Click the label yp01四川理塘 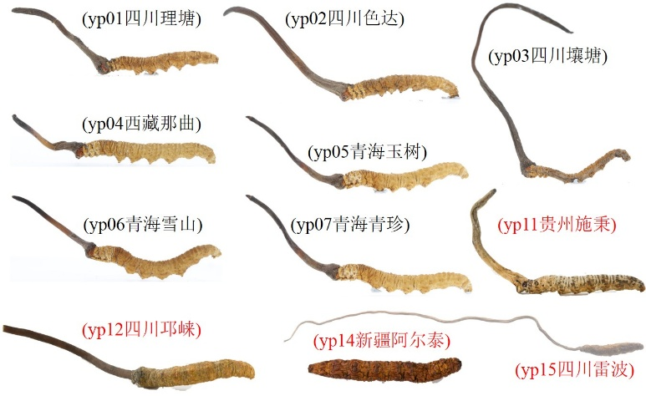click(x=142, y=19)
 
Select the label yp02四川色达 click(x=344, y=19)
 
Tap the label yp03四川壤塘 click(x=547, y=56)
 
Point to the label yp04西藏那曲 click(x=142, y=124)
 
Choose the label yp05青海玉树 click(x=367, y=152)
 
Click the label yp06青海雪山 click(x=143, y=225)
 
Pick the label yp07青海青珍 click(x=350, y=225)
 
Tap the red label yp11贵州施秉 click(x=557, y=225)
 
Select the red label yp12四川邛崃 click(x=142, y=330)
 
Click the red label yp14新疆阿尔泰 click(x=382, y=341)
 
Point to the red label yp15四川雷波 click(x=575, y=370)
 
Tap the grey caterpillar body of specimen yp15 click(x=612, y=348)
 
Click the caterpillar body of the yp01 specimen click(x=163, y=63)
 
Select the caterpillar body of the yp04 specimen click(x=148, y=151)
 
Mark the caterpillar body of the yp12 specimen click(x=194, y=374)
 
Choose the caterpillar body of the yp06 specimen click(x=155, y=260)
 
